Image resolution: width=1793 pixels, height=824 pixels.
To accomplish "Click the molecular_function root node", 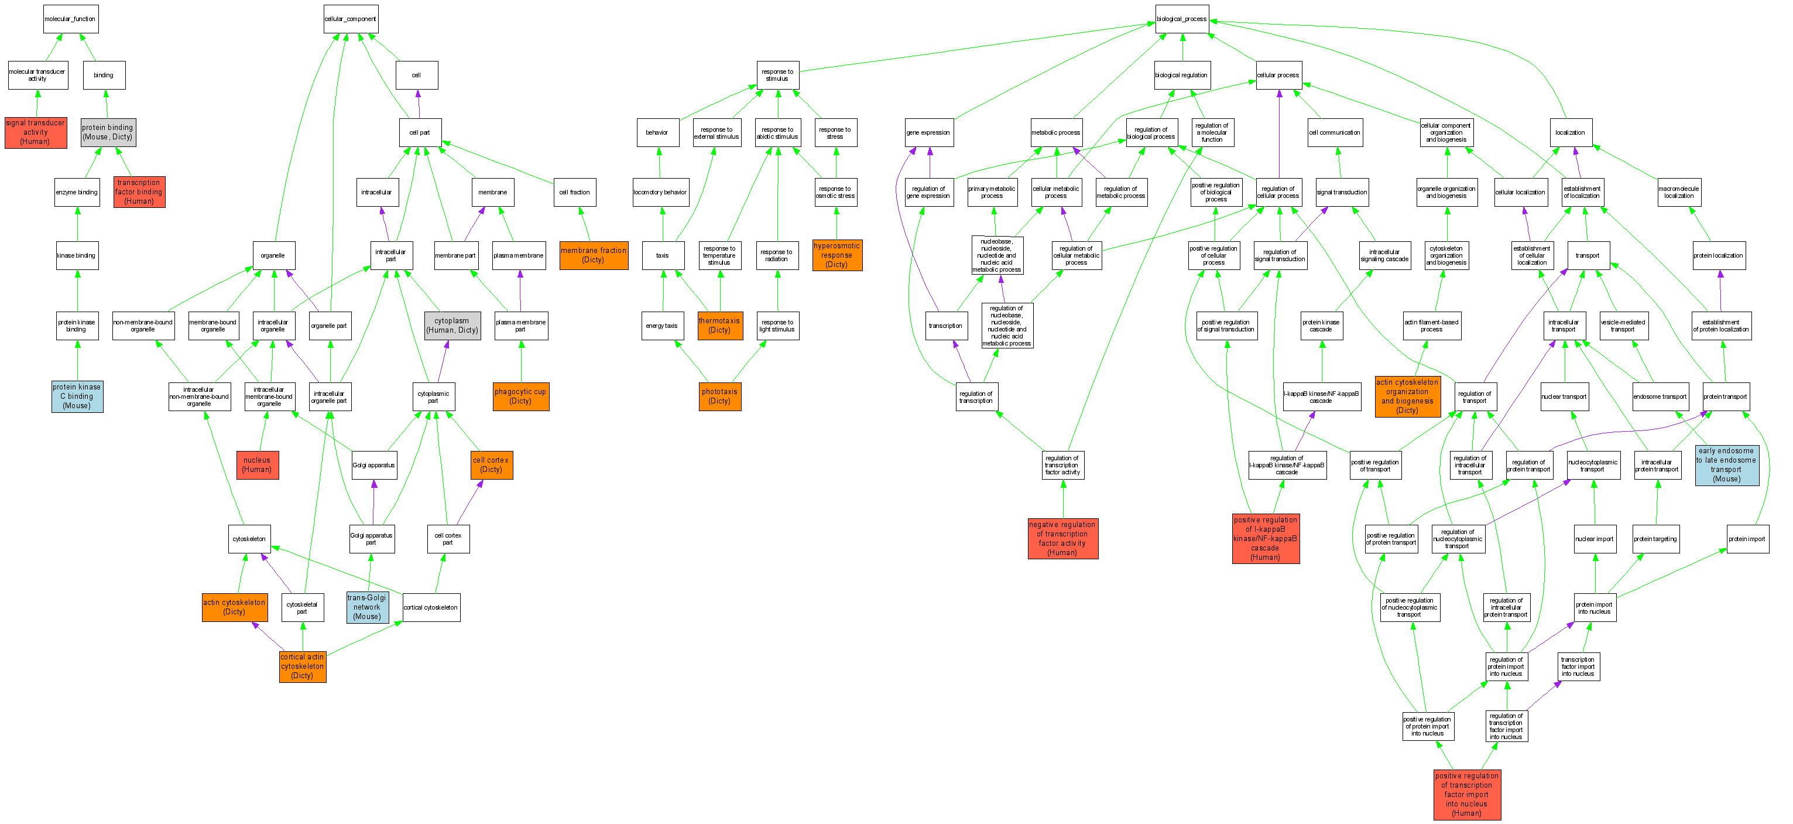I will click(70, 19).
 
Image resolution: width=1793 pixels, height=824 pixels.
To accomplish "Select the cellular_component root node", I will click(351, 19).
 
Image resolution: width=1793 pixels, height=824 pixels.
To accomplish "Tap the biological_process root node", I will click(1181, 19).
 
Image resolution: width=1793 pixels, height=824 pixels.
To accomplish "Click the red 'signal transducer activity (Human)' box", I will click(36, 132).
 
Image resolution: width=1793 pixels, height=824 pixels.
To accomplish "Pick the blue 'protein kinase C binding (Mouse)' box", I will click(77, 396).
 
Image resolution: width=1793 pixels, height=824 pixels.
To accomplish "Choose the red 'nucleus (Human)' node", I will click(257, 464).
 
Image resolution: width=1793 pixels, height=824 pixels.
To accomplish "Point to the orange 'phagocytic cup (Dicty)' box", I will click(520, 396).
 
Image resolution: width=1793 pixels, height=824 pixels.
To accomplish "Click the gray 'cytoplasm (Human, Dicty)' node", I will click(452, 325).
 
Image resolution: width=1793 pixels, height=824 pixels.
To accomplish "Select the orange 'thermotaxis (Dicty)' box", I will click(719, 325).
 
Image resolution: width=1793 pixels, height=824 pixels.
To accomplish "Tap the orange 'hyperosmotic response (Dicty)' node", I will click(836, 255).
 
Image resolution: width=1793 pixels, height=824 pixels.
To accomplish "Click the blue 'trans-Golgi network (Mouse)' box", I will click(368, 607).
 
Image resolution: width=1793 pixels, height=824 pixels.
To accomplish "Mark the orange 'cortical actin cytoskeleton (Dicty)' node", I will click(303, 666).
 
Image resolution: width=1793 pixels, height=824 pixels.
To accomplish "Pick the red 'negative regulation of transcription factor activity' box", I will click(1063, 538).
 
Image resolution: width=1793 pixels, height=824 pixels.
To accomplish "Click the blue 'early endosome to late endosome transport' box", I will click(1727, 464).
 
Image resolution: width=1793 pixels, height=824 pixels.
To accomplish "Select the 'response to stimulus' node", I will click(777, 75).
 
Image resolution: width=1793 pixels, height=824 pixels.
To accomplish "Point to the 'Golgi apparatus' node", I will click(374, 464).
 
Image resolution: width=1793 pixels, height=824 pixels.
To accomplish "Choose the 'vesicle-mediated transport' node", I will click(1623, 325).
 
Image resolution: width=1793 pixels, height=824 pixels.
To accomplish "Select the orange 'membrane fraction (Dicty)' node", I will click(594, 255).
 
